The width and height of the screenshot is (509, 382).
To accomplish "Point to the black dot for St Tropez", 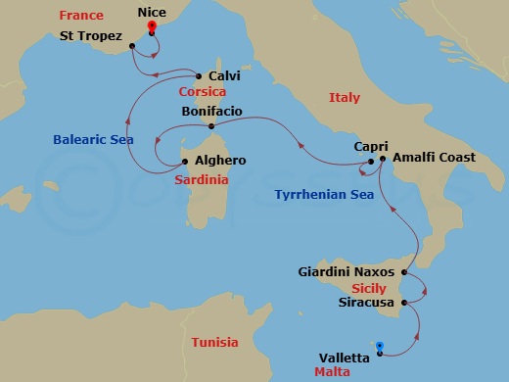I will tap(131, 46).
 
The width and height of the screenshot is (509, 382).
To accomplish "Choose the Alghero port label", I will tap(221, 160).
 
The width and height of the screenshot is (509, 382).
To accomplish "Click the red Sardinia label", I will tap(202, 180).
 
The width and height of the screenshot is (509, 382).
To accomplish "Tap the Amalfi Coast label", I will tap(434, 158).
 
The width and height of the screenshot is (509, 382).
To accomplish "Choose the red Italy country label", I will tap(345, 98).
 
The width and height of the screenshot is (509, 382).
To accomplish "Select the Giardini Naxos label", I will tap(347, 270).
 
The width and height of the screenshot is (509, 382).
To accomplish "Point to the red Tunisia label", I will tap(214, 343).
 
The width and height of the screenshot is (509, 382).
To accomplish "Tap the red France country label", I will tap(81, 16).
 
